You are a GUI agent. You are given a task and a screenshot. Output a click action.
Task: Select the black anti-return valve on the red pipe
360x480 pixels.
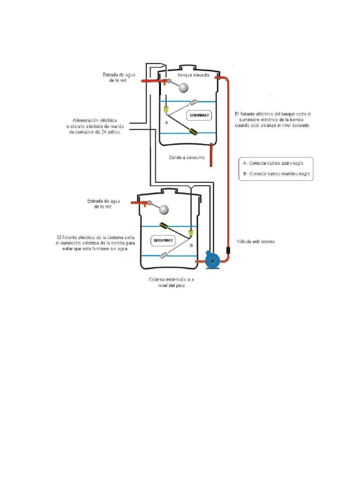228,250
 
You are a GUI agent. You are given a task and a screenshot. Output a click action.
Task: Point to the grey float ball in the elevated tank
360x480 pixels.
183,88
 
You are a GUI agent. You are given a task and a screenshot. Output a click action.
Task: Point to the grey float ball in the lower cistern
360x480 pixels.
165,210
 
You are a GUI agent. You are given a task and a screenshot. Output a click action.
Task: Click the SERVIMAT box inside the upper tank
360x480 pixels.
199,115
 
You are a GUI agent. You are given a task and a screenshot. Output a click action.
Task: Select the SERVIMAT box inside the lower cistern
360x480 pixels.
164,240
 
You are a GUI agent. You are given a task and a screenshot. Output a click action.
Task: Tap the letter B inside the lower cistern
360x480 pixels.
191,245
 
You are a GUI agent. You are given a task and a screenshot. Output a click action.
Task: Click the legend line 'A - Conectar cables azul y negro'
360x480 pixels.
276,163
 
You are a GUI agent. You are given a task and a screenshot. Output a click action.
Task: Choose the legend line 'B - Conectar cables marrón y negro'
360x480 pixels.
277,174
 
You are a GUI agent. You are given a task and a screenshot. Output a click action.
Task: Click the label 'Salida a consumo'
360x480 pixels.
187,157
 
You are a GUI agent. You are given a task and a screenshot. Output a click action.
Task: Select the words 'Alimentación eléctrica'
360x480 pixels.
94,120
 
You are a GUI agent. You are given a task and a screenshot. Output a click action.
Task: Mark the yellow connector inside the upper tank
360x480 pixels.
166,110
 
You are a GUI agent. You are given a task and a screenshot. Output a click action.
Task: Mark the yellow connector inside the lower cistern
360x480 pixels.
191,232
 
